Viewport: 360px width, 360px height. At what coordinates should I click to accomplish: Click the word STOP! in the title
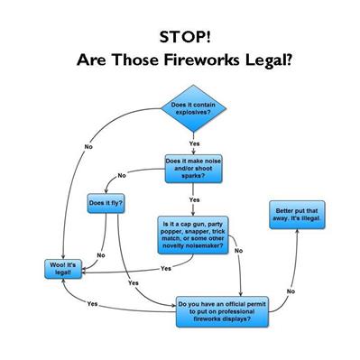[180, 40]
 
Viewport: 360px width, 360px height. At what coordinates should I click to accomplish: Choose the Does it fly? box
[106, 204]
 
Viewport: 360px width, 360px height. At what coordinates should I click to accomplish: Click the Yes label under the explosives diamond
[194, 143]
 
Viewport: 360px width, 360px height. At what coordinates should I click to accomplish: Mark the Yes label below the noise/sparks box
[194, 198]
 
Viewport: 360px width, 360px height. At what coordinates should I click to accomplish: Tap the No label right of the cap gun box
[238, 250]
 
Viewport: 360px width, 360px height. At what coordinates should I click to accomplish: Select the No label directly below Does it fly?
[100, 255]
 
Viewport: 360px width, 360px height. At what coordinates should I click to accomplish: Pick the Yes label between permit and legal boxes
[93, 304]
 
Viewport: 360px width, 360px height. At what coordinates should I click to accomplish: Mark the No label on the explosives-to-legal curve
[88, 147]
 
